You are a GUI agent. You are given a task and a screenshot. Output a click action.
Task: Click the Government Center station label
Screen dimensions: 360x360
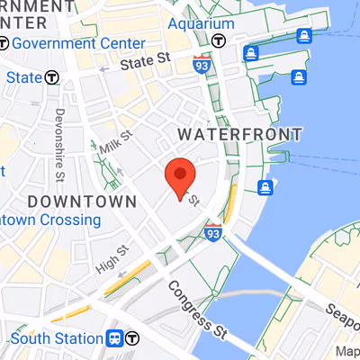[79, 43]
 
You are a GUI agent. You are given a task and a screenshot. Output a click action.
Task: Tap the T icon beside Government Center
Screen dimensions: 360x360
[5, 43]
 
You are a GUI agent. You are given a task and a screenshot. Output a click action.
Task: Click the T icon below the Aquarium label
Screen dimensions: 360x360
[218, 40]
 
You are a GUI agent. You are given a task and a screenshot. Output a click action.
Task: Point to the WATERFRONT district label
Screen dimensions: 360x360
[239, 134]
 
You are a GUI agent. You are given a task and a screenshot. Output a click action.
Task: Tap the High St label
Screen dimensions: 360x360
[112, 260]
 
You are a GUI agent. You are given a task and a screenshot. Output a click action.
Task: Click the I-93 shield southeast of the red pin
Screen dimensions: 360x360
[213, 230]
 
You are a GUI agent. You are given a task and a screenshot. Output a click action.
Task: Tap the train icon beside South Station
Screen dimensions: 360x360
[115, 338]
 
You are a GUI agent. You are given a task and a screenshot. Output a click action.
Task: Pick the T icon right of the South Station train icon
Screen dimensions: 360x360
[134, 338]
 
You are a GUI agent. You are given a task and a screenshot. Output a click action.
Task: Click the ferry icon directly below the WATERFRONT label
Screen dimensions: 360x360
[265, 187]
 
